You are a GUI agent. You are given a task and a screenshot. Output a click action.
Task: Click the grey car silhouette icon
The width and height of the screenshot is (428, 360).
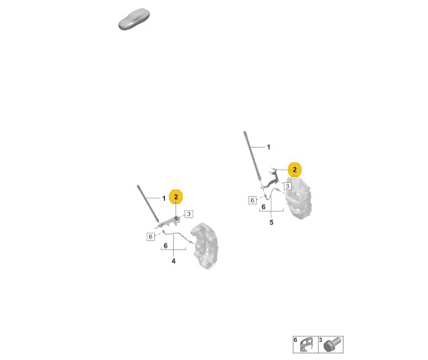pyautogui.click(x=134, y=19)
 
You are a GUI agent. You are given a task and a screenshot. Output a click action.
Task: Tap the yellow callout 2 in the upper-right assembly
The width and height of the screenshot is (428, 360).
pyautogui.click(x=294, y=170)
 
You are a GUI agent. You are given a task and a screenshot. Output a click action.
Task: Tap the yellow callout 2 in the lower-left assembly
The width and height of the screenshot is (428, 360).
pyautogui.click(x=176, y=197)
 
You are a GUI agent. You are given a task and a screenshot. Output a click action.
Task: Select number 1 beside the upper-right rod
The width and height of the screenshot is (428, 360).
pyautogui.click(x=269, y=148)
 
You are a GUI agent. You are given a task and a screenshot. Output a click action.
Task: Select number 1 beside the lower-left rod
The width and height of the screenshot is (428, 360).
pyautogui.click(x=164, y=198)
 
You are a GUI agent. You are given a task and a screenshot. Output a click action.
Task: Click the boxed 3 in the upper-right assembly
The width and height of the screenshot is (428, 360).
pyautogui.click(x=288, y=186)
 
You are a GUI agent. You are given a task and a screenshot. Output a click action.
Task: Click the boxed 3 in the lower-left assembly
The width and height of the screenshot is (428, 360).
pyautogui.click(x=189, y=214)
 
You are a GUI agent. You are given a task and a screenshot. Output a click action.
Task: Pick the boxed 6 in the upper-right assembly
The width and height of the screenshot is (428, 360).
pyautogui.click(x=253, y=200)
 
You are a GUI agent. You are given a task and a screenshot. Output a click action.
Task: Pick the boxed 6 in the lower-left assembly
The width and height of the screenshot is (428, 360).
pyautogui.click(x=151, y=236)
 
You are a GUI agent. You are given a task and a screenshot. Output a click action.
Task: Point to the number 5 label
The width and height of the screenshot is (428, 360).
pyautogui.click(x=271, y=222)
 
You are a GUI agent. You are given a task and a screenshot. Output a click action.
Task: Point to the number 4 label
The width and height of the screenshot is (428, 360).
pyautogui.click(x=174, y=261)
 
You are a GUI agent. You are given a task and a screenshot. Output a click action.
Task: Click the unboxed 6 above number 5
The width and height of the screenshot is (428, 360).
pyautogui.click(x=263, y=207)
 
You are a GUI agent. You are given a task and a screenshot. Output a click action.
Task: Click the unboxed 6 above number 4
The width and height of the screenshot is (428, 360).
pyautogui.click(x=166, y=246)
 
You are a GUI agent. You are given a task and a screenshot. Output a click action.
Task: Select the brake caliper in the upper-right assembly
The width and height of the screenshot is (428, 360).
pyautogui.click(x=298, y=198)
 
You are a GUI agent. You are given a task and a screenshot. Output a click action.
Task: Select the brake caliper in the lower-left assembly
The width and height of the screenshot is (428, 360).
pyautogui.click(x=204, y=246)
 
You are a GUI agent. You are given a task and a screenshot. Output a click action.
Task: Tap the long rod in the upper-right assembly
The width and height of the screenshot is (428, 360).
pyautogui.click(x=253, y=157)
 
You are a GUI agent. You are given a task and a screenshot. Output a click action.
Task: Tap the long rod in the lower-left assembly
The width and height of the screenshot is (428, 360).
pyautogui.click(x=148, y=203)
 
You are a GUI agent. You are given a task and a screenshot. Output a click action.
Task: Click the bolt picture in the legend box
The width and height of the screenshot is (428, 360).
pyautogui.click(x=332, y=345)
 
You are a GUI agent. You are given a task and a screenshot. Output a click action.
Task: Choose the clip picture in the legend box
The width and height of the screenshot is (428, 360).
pyautogui.click(x=306, y=345)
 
